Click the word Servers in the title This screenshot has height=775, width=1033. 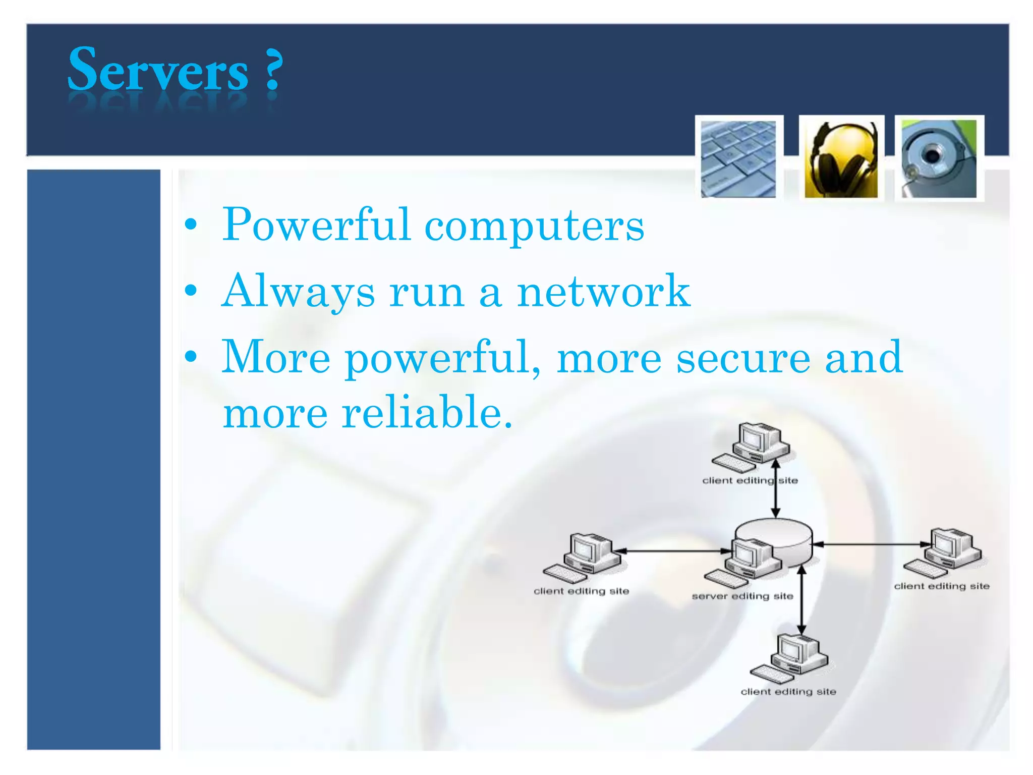tap(158, 70)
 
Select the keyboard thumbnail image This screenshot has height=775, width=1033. tap(738, 158)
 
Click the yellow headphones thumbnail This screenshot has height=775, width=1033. tap(841, 158)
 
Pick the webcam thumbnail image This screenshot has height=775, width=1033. tap(939, 158)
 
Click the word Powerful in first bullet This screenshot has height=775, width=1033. tap(316, 225)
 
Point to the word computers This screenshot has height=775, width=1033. tap(534, 226)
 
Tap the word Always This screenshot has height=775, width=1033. tap(299, 292)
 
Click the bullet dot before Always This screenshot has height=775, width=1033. tap(191, 291)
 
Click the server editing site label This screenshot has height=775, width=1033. tap(742, 596)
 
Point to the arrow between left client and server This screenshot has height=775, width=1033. tap(676, 551)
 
